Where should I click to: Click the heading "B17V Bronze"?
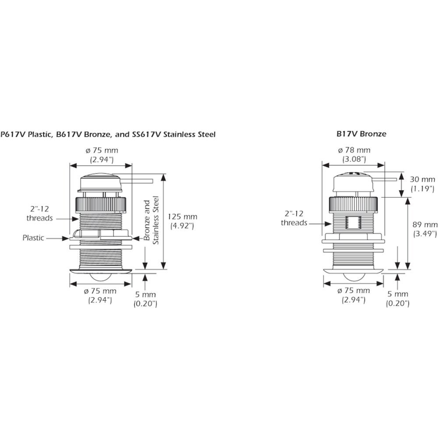click(361, 134)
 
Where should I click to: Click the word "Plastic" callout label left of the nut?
click(34, 238)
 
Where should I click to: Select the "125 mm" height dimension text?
click(183, 217)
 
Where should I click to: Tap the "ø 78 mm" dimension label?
click(353, 150)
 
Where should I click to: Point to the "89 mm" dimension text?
click(425, 225)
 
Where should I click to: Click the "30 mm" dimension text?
click(423, 180)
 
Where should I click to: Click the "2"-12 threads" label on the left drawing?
click(39, 214)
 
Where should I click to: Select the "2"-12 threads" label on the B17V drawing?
click(294, 218)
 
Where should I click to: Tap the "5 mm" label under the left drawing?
click(145, 295)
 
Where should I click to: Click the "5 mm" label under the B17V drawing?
click(397, 295)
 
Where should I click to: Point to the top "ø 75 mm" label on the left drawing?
click(101, 150)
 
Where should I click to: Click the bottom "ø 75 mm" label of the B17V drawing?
click(353, 291)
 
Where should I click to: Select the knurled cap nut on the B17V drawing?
click(353, 204)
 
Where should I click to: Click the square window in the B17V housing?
click(353, 223)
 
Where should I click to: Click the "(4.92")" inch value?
click(183, 226)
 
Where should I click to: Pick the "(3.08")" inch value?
click(353, 159)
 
